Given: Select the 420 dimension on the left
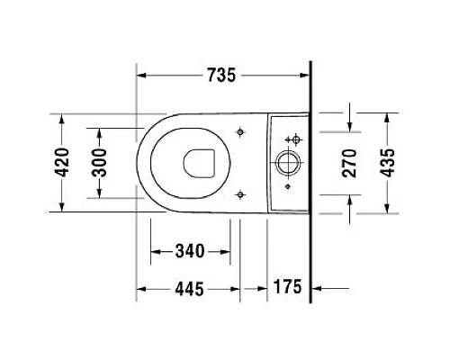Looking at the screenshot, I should click(62, 163).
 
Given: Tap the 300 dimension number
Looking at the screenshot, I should click(100, 163).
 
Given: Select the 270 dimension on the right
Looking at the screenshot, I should click(351, 163).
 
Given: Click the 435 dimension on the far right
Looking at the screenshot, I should click(389, 163).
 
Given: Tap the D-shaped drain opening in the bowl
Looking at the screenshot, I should click(198, 163).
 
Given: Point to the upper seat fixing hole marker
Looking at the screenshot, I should click(239, 132).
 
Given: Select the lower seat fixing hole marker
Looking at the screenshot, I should click(239, 193).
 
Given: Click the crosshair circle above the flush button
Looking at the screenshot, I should click(292, 140).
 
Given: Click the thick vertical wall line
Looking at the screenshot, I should click(310, 180).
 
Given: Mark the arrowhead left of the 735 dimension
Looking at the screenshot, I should click(142, 76).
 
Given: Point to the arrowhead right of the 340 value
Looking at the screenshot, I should click(235, 249).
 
